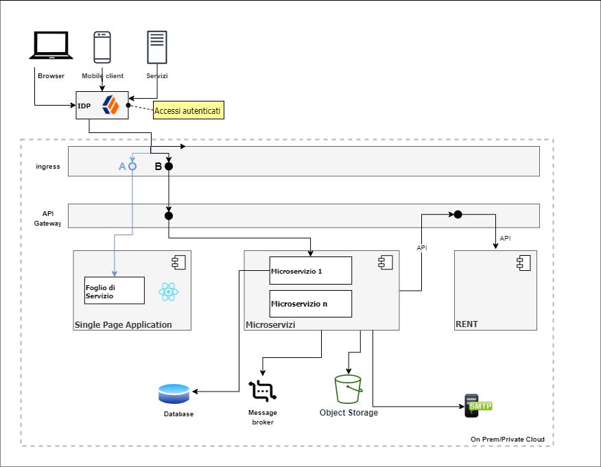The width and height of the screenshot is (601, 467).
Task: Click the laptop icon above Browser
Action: coord(51,47)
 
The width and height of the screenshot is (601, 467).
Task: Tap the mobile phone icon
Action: coord(102,47)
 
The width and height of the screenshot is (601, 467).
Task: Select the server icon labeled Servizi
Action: coord(156,47)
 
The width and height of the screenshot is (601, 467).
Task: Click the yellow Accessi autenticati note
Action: coord(189,110)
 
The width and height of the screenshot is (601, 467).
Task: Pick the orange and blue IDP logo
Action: coord(110,105)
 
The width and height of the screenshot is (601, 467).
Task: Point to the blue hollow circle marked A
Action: coord(132,166)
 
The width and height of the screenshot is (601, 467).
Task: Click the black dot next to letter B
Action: coord(168,166)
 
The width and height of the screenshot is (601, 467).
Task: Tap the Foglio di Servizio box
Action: coord(115,290)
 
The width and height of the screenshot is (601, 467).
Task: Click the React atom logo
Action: coord(168,292)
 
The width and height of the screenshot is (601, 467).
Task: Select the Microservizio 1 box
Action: coord(311,270)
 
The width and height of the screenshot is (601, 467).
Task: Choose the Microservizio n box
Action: coord(311,303)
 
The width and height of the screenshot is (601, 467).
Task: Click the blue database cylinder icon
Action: coord(174,394)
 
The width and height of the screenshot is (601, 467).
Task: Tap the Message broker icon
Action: coord(261,391)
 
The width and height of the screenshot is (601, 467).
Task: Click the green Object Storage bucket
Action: coord(348,390)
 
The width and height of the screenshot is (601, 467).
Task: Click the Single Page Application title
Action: coord(123,324)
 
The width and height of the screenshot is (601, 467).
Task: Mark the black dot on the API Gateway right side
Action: coord(458,215)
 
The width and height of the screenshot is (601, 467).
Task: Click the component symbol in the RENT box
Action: coord(522,261)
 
